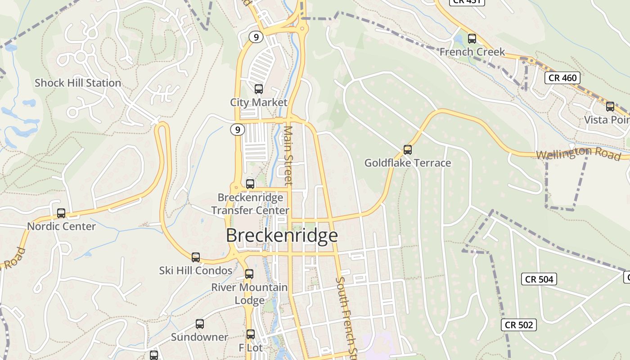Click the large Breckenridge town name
tap(282, 236)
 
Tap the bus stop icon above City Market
tap(258, 89)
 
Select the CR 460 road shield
tap(562, 78)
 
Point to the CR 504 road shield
tap(539, 279)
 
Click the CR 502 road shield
tap(519, 325)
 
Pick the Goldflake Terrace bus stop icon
tap(408, 149)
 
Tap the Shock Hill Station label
tap(78, 83)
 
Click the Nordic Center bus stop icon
tap(61, 213)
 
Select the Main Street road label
tap(288, 155)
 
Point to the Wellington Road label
tap(578, 153)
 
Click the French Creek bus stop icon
tap(472, 39)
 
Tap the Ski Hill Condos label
tap(196, 270)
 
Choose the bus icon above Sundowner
tap(199, 324)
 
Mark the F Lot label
tap(251, 348)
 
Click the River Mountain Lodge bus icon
tap(249, 274)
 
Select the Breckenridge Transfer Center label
tap(250, 204)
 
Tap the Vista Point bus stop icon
tap(610, 107)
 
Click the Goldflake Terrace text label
tap(408, 163)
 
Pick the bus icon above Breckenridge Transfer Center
tap(250, 184)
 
